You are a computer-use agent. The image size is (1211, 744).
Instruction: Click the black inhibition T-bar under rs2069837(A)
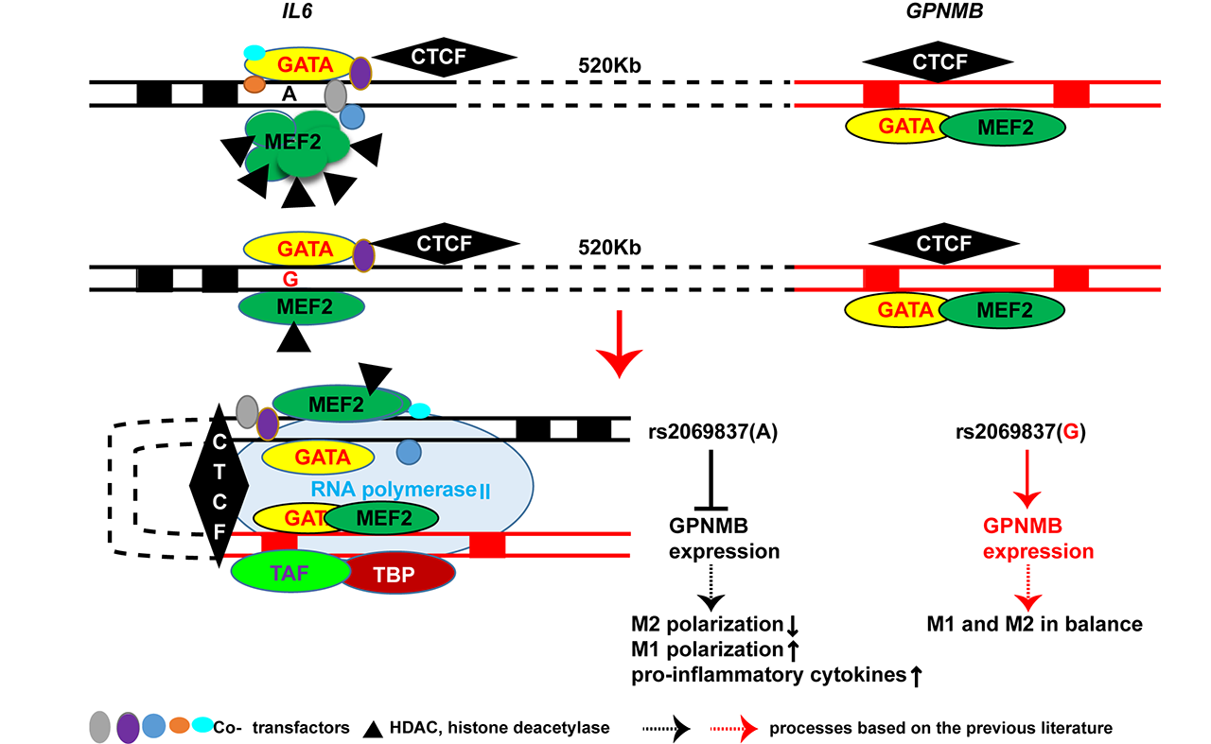pyautogui.click(x=711, y=473)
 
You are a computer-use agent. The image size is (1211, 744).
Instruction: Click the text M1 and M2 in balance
pyautogui.click(x=1036, y=624)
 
